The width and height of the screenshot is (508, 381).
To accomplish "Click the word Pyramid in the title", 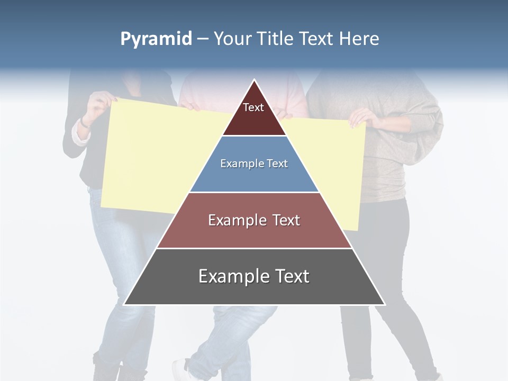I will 156,39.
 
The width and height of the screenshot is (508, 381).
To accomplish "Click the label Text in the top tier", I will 253,107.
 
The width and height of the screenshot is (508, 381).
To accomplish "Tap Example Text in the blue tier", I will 254,164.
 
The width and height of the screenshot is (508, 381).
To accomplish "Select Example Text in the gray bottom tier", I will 254,276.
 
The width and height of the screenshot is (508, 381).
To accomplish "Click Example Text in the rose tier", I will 254,220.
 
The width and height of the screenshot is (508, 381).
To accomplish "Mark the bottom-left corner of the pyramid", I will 124,305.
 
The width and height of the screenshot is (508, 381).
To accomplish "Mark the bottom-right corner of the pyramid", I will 385,305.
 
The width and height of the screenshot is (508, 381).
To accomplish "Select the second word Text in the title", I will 316,39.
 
